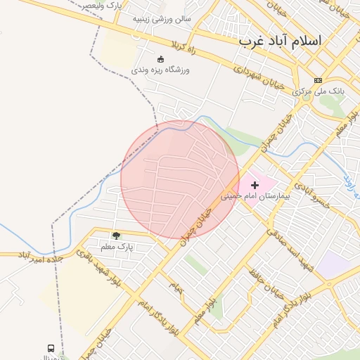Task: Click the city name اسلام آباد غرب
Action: pos(280,40)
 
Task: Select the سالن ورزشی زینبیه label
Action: pos(162,19)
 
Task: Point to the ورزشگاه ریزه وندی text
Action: pos(160,70)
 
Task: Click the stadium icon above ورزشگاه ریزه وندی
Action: pos(160,59)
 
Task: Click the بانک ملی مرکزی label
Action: pos(319,91)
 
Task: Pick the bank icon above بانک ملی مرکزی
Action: pos(318,80)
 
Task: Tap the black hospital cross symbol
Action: pos(255,184)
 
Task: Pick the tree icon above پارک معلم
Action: pos(116,235)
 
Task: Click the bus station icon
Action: pos(51,348)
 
